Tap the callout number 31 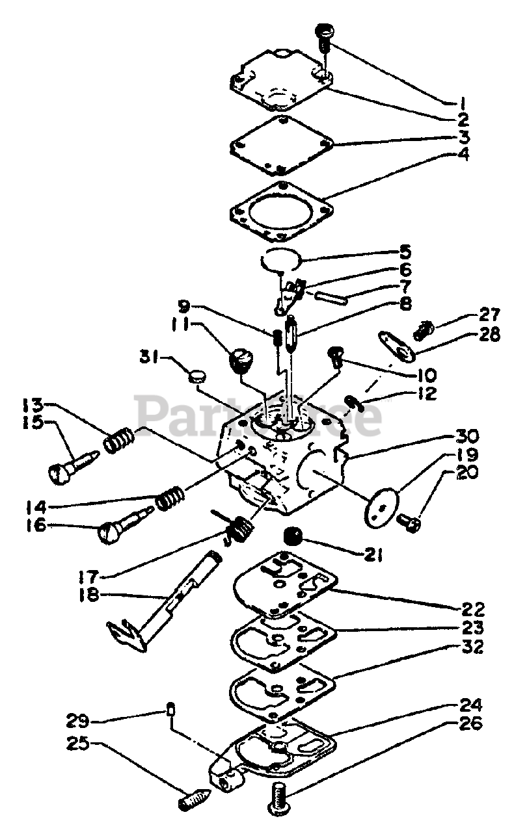pyautogui.click(x=152, y=357)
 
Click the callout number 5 pyautogui.click(x=459, y=250)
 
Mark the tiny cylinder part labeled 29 pyautogui.click(x=170, y=709)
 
